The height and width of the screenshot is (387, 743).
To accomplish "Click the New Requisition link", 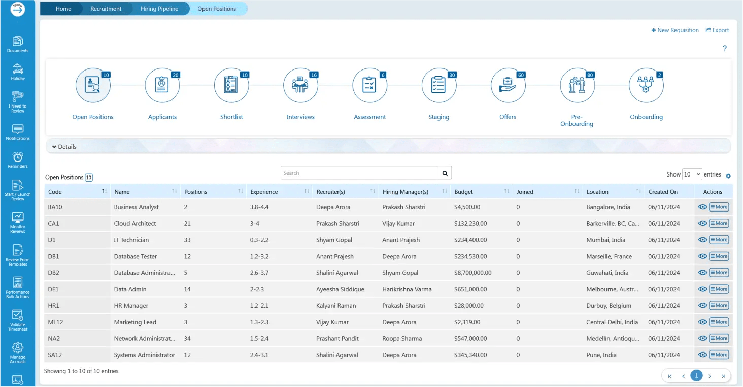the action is tap(674, 30).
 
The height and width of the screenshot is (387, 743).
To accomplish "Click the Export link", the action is tap(717, 30).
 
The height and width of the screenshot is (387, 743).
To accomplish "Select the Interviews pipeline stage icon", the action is tap(300, 85).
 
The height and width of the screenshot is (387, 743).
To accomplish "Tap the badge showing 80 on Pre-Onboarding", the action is tap(590, 75).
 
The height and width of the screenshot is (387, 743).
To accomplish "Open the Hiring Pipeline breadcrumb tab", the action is tap(159, 9).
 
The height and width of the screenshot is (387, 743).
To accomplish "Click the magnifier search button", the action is tap(445, 173).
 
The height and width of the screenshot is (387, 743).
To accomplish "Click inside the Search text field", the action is tap(359, 173).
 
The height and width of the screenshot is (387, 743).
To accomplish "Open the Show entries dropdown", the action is tap(692, 174).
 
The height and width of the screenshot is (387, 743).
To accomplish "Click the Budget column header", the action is tap(463, 192).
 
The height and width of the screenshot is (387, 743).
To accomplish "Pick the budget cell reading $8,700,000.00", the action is tap(472, 272).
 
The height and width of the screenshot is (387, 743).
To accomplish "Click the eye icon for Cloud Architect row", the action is tap(702, 223).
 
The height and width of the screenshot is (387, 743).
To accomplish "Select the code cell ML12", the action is tap(55, 322).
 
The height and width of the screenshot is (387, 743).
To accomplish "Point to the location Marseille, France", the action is tap(609, 256).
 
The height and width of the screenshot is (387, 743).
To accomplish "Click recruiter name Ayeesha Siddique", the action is tap(340, 289).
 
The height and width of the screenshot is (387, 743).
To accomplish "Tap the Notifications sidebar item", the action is tap(18, 132).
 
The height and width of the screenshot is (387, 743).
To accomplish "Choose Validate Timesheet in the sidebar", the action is tap(18, 321).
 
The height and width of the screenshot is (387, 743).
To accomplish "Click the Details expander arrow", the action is tap(54, 147).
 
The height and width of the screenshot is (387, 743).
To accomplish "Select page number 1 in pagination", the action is tap(696, 376).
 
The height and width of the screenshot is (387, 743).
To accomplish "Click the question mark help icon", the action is tap(724, 48).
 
